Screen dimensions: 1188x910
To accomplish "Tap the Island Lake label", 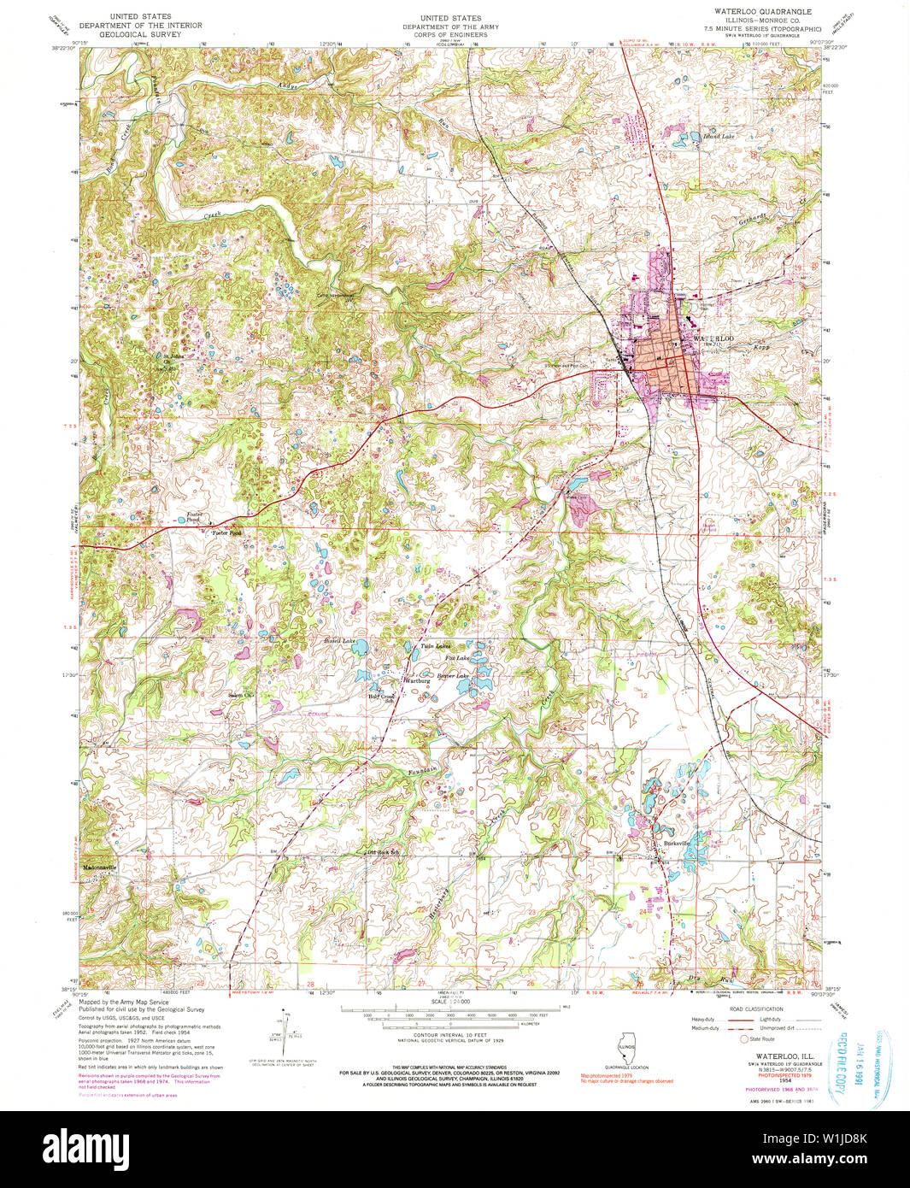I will click(x=718, y=136).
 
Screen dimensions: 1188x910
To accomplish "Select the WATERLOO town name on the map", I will click(x=713, y=339).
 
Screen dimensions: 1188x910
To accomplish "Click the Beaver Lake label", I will click(x=453, y=675).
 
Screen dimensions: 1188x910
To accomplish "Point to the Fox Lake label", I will click(x=456, y=658).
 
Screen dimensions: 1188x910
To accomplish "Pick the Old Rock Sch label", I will click(x=384, y=852).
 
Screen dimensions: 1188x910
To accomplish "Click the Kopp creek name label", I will click(x=762, y=349).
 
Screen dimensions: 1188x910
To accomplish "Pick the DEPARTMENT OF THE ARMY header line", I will click(x=450, y=26).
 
